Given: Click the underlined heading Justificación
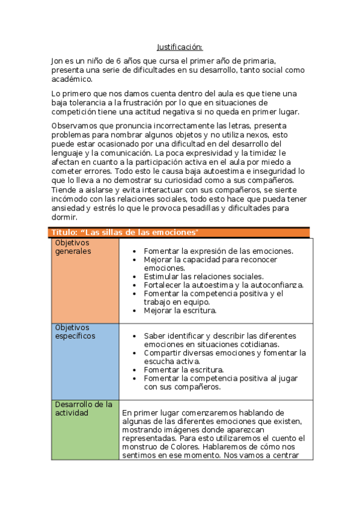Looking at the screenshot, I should click(180, 47).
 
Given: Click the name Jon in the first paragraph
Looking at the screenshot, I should click(57, 61).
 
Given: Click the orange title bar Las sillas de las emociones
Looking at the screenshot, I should click(180, 233).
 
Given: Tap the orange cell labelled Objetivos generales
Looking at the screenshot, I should click(85, 280).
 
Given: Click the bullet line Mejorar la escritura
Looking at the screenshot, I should click(180, 311).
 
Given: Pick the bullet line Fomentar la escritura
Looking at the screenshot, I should click(183, 370).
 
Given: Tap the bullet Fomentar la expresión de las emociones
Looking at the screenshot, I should click(218, 251).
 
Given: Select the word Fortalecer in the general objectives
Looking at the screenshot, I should click(163, 285).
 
